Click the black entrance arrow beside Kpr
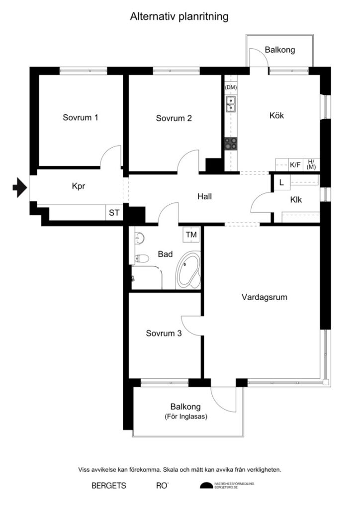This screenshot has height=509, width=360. click(19, 187)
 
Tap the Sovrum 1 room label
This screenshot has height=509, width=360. click(80, 118)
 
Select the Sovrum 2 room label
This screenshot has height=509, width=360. click(174, 118)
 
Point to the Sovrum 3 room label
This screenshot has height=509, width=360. click(164, 334)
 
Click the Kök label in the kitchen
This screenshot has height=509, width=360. click(276, 115)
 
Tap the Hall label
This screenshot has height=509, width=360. click(204, 196)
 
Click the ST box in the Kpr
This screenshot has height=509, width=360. click(114, 213)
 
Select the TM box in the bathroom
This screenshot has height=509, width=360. click(191, 234)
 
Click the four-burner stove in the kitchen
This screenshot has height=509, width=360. click(231, 144)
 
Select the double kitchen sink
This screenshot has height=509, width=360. click(231, 104)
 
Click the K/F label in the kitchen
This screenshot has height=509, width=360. click(295, 165)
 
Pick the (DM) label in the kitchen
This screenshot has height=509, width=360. click(231, 87)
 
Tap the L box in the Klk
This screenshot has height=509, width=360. click(281, 182)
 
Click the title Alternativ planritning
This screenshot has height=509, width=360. click(179, 17)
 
